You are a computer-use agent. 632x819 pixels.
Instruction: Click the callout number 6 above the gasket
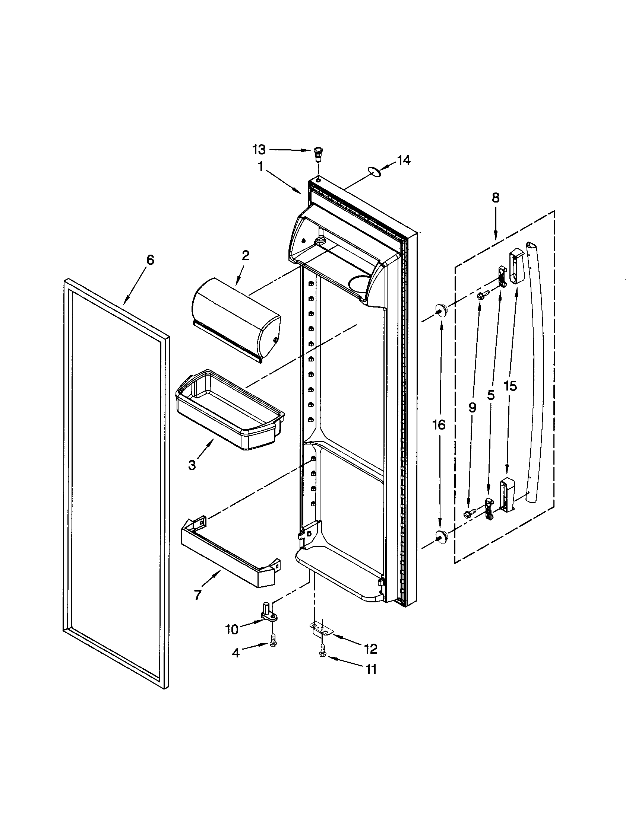pyautogui.click(x=150, y=259)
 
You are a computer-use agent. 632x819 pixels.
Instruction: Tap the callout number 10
pyautogui.click(x=232, y=630)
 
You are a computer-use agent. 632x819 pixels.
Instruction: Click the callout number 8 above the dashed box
pyautogui.click(x=496, y=198)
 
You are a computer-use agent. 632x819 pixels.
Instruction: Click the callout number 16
pyautogui.click(x=439, y=424)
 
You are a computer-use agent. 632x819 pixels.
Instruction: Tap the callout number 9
pyautogui.click(x=472, y=407)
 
